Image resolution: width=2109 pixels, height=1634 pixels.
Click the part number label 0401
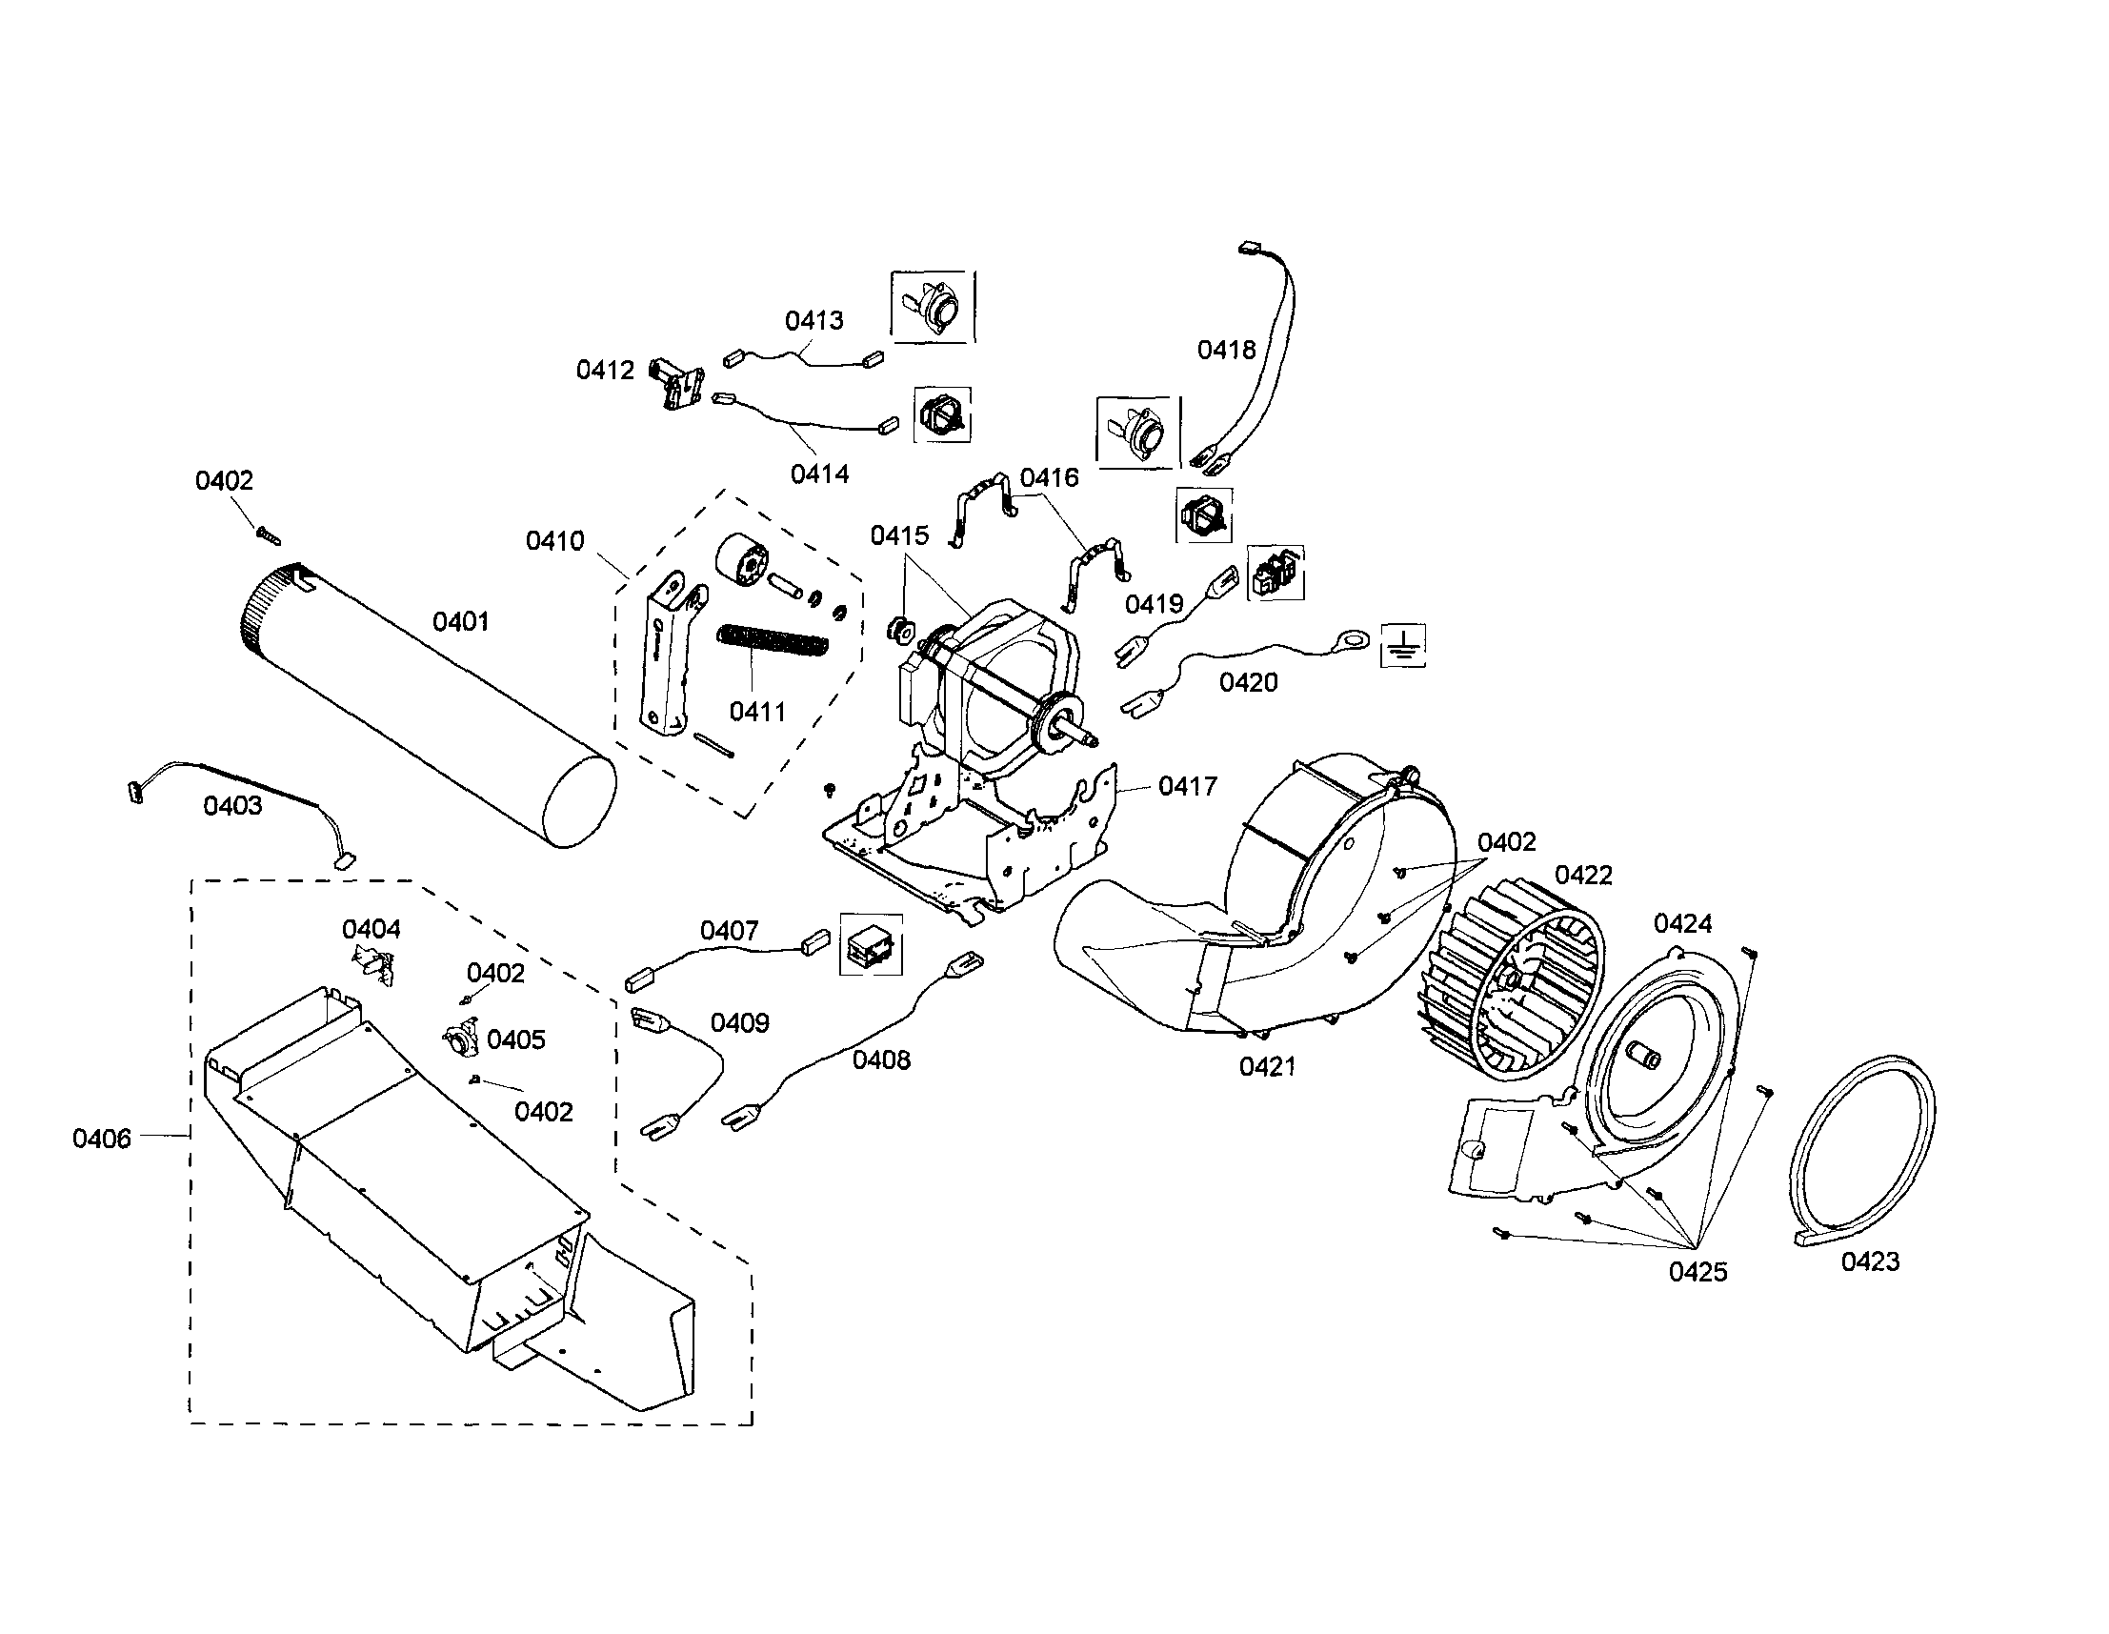[461, 622]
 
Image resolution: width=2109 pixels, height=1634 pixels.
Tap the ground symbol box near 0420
[1404, 645]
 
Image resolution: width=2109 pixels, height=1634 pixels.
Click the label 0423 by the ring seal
[1870, 1261]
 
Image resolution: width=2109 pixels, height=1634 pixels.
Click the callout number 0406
[101, 1139]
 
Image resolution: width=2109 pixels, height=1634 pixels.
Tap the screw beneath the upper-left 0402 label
[268, 532]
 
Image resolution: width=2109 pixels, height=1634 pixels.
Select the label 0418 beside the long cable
[1226, 350]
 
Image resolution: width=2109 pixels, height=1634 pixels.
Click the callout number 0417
[1187, 786]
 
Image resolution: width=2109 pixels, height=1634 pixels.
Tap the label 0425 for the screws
[1697, 1272]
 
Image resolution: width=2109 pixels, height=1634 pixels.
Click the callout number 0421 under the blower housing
[1267, 1066]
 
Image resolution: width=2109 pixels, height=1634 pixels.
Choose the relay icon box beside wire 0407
[870, 944]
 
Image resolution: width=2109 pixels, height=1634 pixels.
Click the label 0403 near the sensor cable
[231, 805]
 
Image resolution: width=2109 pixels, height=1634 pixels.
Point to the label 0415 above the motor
[899, 536]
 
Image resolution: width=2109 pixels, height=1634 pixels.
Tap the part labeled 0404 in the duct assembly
[375, 967]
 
